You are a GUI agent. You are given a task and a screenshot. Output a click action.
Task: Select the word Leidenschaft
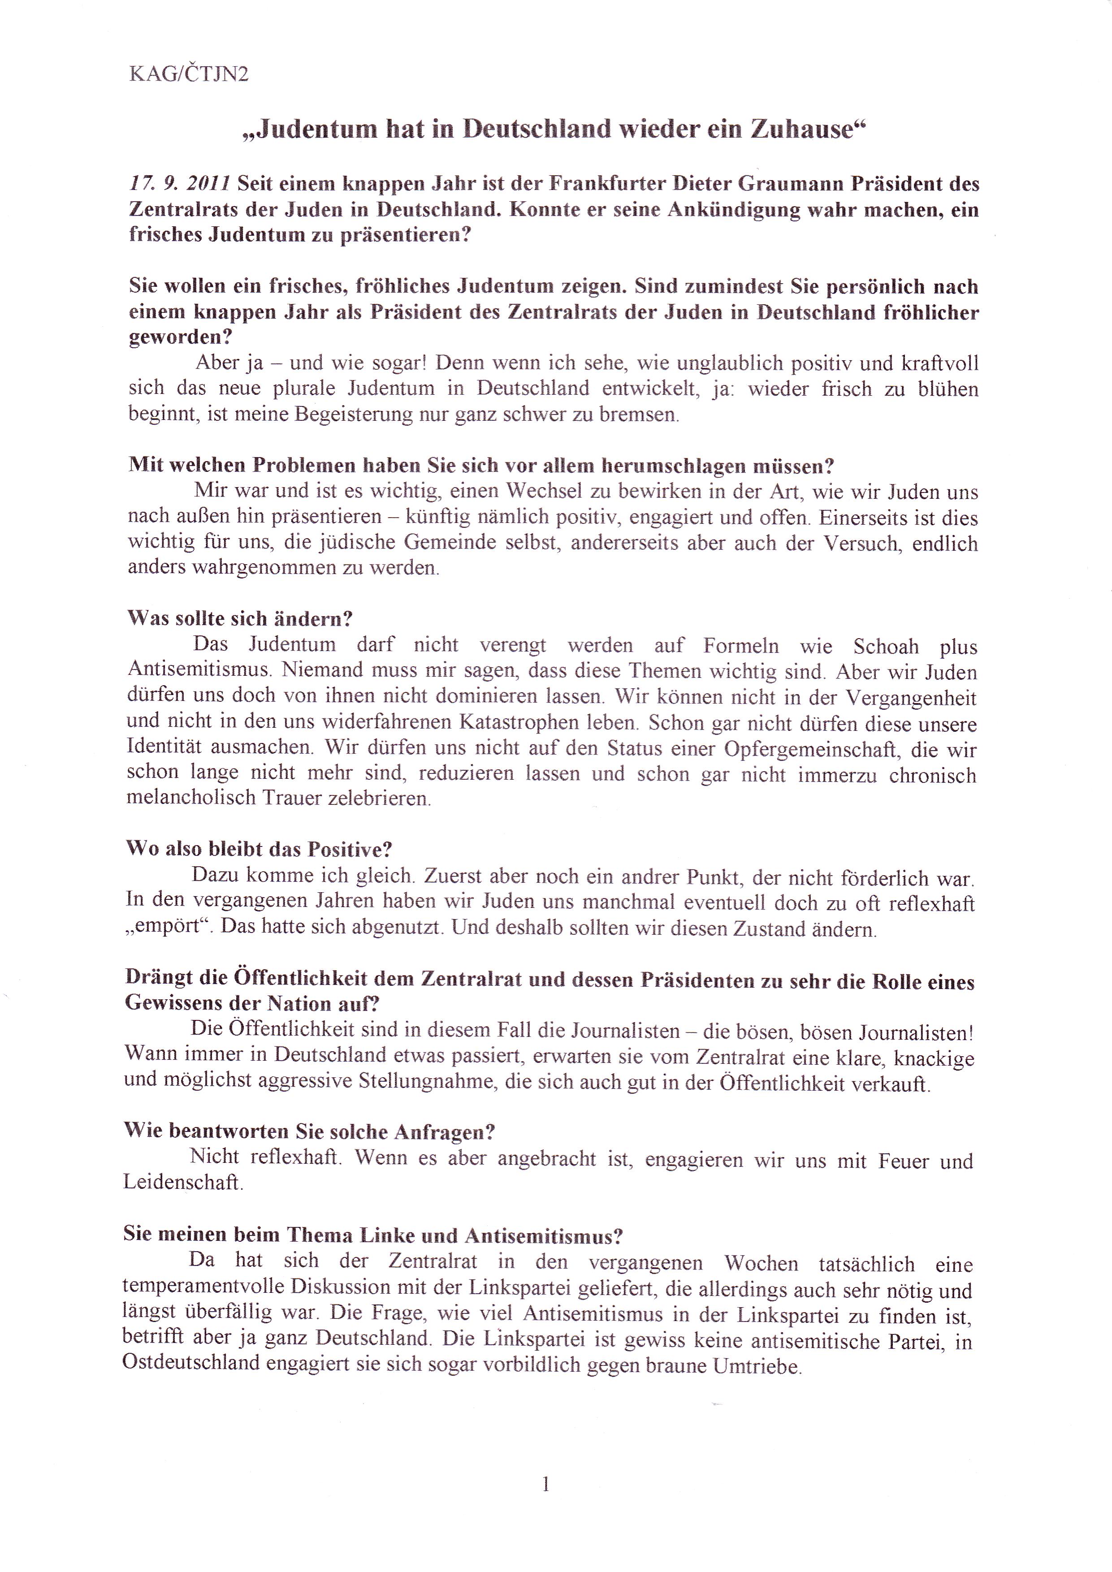pyautogui.click(x=183, y=1183)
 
